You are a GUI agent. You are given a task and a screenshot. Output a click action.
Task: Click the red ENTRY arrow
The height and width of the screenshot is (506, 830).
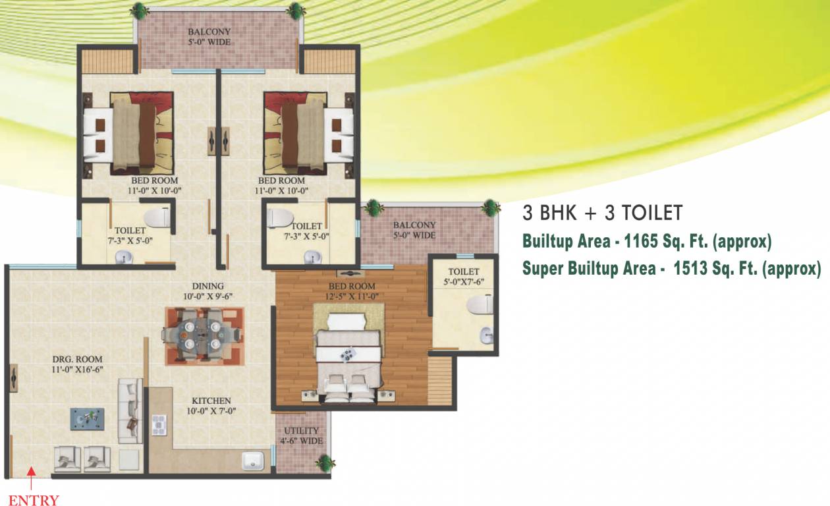[x=32, y=478]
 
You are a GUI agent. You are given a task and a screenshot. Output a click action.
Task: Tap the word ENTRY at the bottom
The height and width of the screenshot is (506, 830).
[x=34, y=499]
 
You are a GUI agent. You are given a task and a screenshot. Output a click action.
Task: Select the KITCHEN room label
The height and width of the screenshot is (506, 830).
[x=211, y=401]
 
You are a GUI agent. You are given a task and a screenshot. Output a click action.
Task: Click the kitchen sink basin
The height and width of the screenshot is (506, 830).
[x=253, y=461]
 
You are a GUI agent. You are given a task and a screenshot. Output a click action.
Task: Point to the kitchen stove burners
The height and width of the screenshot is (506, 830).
[x=159, y=425]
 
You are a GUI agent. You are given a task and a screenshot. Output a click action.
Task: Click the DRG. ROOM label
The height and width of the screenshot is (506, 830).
[x=77, y=359]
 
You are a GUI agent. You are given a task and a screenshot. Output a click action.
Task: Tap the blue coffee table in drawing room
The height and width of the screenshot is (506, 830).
[x=87, y=419]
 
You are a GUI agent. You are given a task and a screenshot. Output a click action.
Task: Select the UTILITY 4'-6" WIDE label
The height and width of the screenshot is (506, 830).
[x=301, y=436]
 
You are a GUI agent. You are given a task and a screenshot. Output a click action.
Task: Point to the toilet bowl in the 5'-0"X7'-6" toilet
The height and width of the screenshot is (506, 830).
[x=480, y=304]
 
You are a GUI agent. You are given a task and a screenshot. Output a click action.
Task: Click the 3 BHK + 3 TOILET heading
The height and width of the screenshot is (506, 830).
[x=602, y=213]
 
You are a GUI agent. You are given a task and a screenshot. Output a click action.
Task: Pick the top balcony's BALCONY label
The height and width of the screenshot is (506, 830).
[x=209, y=32]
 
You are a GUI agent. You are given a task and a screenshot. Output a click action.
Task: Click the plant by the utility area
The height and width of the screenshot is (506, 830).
[x=325, y=463]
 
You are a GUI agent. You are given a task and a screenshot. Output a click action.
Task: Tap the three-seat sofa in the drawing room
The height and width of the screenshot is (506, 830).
[x=130, y=410]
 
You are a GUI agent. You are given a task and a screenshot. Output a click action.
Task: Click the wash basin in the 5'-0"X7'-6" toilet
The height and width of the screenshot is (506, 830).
[x=485, y=335]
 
